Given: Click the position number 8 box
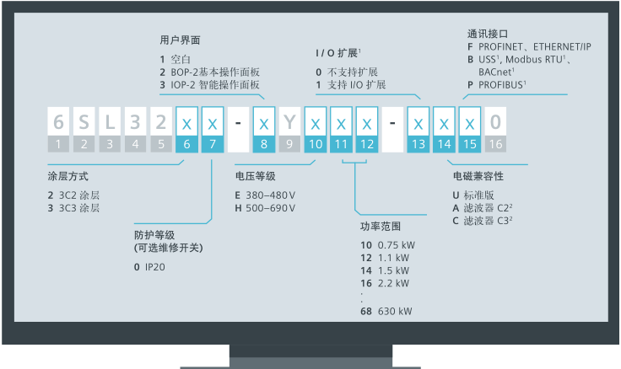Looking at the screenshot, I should click(x=264, y=144).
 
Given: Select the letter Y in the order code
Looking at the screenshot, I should click(x=289, y=123).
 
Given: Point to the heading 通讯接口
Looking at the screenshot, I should click(x=487, y=34).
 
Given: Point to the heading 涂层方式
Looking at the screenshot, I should click(x=68, y=177).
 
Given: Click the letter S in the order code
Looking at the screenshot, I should click(x=84, y=123).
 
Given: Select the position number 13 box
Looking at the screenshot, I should click(x=418, y=144).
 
